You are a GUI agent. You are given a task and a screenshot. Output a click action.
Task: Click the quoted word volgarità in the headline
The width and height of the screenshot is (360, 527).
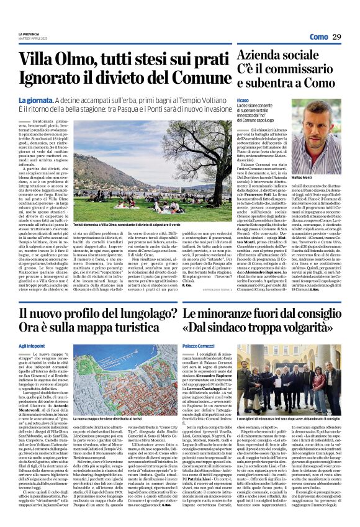310,329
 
